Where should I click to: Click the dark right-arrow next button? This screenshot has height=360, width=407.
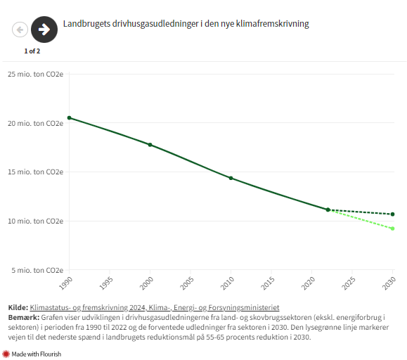coord(44,30)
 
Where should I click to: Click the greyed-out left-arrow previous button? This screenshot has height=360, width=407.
coord(20,30)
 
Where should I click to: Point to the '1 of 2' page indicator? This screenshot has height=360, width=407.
coord(32,51)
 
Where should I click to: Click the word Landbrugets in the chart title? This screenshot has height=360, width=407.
coord(86,24)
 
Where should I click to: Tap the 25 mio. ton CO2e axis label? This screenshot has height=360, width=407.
coord(35,74)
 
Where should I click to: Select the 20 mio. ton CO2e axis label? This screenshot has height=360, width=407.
coord(35,123)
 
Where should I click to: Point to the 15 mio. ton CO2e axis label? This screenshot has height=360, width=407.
coord(35,172)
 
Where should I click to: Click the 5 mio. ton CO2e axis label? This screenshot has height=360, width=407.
coord(37,270)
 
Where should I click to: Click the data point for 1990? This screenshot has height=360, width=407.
coord(69,117)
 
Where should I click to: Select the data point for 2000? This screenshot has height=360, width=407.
coord(150,145)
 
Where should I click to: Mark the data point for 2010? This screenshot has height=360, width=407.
coord(231,178)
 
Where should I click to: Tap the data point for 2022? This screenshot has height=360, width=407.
coord(328,210)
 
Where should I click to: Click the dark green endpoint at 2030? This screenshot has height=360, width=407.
coord(392,214)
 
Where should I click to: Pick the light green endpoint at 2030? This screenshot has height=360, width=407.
coord(392,229)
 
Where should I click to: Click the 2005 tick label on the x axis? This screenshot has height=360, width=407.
coord(187,283)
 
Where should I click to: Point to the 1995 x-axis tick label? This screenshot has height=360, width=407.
coord(106,283)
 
